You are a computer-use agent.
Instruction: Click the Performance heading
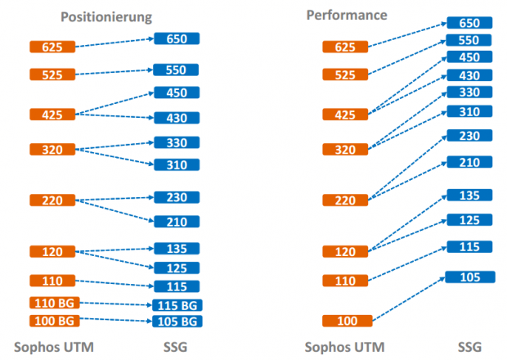tap(347, 16)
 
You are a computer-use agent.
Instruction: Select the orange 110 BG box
tap(53, 304)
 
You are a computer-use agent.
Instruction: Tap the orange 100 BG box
tap(53, 321)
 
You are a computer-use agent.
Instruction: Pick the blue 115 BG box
tap(177, 305)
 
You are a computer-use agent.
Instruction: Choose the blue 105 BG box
tap(177, 321)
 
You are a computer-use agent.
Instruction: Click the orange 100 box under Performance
tap(347, 321)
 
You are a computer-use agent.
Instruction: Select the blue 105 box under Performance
tap(469, 277)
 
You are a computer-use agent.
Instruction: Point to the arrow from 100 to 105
tap(409, 299)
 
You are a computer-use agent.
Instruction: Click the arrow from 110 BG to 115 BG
tap(115, 304)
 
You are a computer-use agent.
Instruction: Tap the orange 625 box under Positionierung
tap(52, 47)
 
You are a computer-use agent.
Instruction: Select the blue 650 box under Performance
tap(469, 24)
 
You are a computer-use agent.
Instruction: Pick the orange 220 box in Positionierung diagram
tap(52, 200)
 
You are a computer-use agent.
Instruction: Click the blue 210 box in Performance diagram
tap(469, 162)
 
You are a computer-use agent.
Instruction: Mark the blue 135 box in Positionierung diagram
tap(177, 249)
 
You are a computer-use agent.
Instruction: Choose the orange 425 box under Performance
tap(347, 114)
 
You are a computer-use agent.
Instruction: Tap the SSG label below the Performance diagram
tap(468, 346)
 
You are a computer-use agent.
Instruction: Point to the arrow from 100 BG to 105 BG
tap(115, 321)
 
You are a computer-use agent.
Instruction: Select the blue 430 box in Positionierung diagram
tap(177, 118)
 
